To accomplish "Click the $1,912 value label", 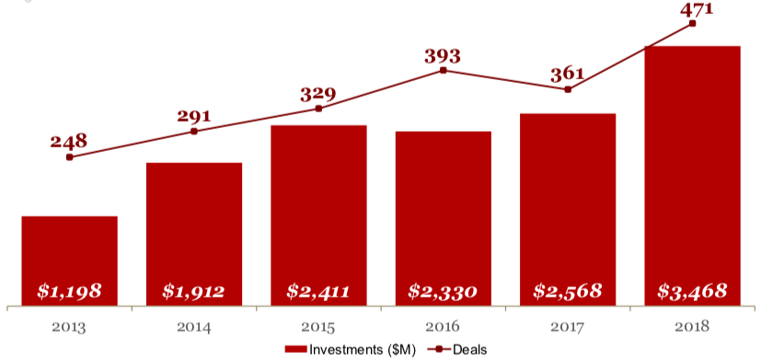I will pos(194,292).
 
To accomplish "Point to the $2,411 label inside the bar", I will pos(318,292).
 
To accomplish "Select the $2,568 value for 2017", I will pos(568,292).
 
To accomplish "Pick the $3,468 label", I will pos(693,292).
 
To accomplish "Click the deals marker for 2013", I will pos(69,157).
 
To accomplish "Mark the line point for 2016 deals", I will pos(444,70).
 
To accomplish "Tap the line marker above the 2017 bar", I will pos(568,89).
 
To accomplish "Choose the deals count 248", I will pos(69,141).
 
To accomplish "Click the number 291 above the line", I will pos(194,116).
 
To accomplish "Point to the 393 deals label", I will pos(443,55).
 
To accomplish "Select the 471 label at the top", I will pos(693,9).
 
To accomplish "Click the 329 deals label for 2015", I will pos(318,94).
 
